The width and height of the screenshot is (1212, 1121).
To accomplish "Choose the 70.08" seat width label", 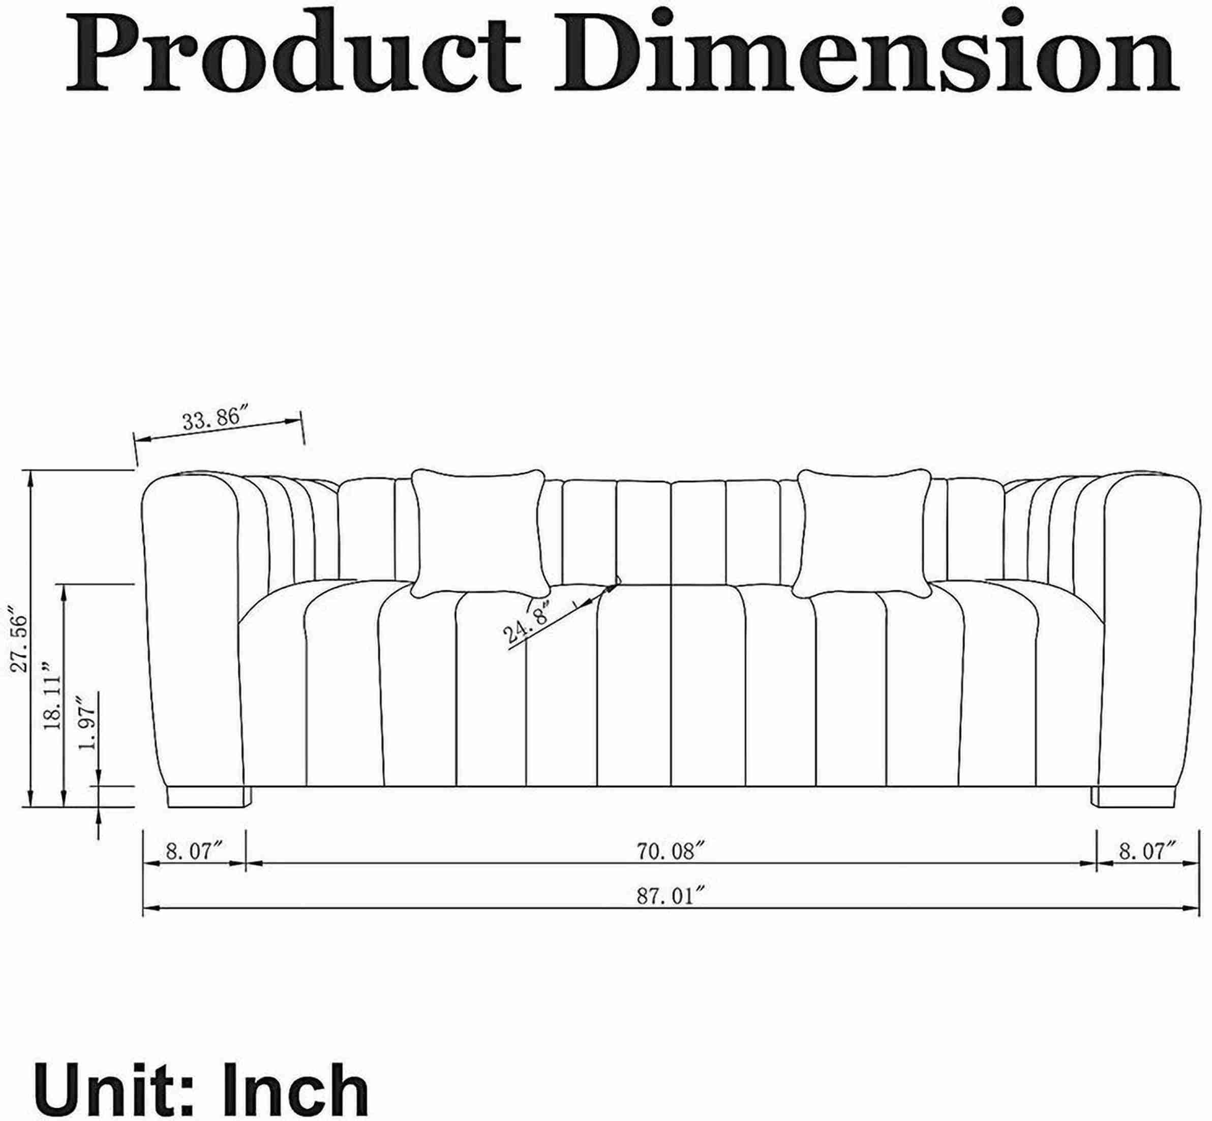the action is [x=673, y=852].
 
